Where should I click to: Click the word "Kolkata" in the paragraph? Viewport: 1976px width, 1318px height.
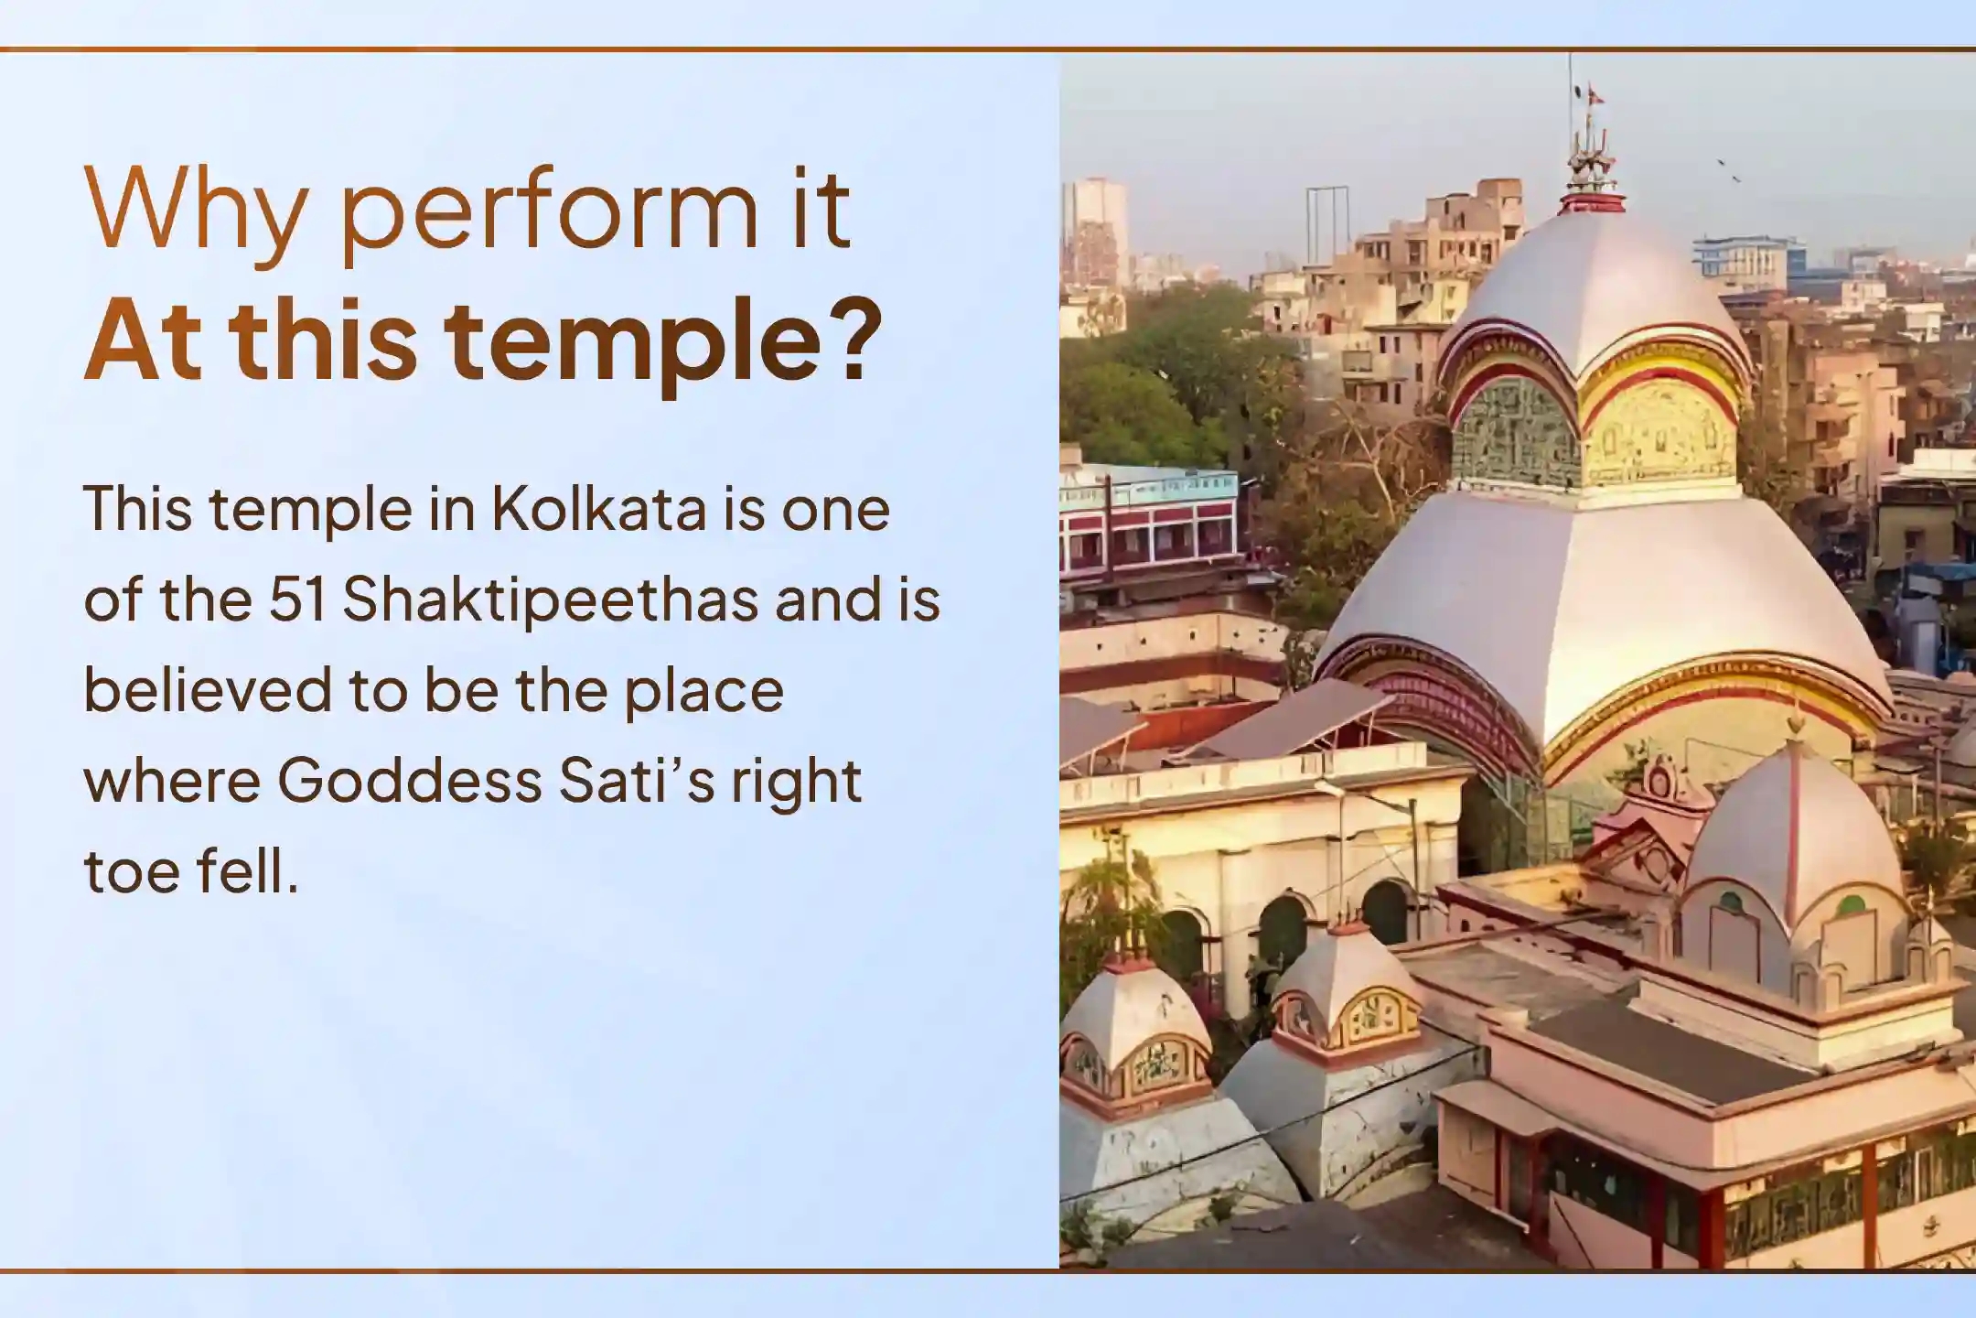click(599, 510)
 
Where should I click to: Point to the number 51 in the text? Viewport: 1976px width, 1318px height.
click(297, 600)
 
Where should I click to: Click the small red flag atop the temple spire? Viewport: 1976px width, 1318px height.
click(1595, 93)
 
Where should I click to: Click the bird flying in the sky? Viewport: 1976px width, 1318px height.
click(1729, 169)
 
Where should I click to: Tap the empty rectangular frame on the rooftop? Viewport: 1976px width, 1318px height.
click(1326, 225)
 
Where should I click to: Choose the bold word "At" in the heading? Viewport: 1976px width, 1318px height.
click(143, 340)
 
